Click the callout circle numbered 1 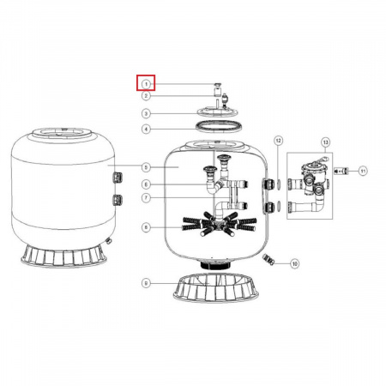click(147, 83)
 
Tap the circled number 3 click(147, 113)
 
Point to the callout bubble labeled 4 click(147, 130)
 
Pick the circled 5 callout click(147, 166)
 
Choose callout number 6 click(147, 184)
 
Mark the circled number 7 click(147, 198)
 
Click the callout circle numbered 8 click(147, 226)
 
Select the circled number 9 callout click(147, 283)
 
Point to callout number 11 click(363, 172)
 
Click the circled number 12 click(278, 139)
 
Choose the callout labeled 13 click(325, 140)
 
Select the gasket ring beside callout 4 click(211, 129)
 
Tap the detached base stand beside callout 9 click(211, 287)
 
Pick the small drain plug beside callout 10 click(268, 258)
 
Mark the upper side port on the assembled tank click(117, 177)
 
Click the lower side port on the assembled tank click(117, 200)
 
